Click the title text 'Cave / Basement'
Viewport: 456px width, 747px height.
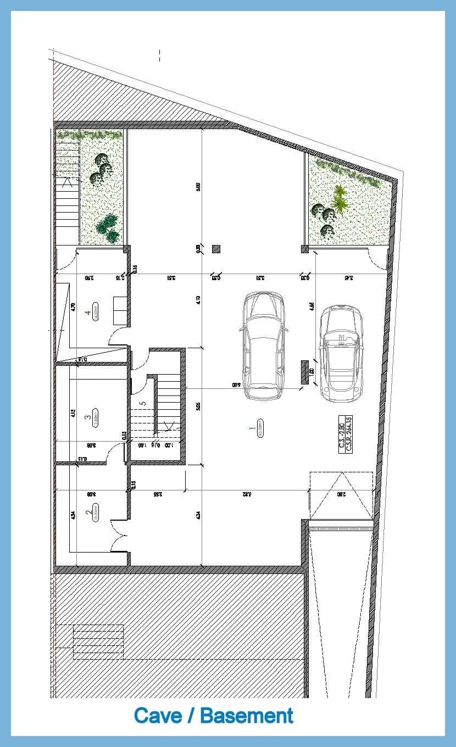213,716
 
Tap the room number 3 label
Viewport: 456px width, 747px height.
88,417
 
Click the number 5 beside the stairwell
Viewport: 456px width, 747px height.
143,403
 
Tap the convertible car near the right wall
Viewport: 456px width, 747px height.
341,352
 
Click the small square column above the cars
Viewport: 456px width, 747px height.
216,249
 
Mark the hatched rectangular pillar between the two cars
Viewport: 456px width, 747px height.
304,372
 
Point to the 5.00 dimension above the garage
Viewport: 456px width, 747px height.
198,187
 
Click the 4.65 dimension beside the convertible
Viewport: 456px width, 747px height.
312,305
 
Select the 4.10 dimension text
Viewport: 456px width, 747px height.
198,300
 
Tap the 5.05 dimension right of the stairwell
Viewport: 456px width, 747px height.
198,406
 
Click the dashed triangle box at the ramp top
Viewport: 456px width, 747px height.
341,495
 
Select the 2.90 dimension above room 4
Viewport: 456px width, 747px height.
88,278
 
